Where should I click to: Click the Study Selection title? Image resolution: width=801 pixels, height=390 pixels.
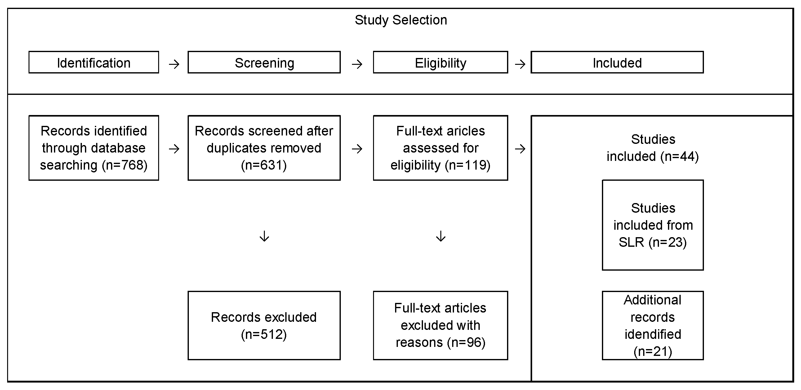pos(401,20)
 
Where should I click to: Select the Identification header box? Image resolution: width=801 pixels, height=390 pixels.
pos(94,62)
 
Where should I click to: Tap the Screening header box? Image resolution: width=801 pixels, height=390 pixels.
pos(264,62)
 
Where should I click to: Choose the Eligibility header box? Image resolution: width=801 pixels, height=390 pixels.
pos(440,62)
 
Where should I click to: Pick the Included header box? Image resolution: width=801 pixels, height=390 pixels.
pos(617,62)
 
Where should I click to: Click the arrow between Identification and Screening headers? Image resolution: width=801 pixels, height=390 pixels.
pos(174,64)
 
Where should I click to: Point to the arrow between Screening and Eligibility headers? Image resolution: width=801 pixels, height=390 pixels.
pos(357,64)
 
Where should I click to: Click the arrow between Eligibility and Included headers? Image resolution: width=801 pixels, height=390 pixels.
pos(520,64)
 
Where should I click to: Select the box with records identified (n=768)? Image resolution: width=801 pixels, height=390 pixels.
pos(94,148)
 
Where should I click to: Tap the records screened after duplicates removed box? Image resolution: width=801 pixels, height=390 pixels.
pos(264,148)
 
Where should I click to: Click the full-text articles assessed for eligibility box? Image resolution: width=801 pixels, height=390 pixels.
pos(440,148)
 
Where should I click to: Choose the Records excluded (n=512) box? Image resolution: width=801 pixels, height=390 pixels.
pos(264,326)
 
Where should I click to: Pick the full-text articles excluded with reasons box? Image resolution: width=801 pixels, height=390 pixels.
pos(440,326)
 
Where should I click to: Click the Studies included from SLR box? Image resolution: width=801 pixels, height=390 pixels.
pos(653,225)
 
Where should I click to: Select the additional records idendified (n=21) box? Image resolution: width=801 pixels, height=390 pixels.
pos(653,326)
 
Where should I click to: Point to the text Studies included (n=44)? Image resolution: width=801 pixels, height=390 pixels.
pos(653,148)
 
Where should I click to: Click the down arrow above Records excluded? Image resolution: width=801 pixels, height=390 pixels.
pos(264,236)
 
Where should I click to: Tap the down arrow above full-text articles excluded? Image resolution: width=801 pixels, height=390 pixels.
pos(441,236)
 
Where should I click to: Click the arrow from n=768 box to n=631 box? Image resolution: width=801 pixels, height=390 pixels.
pos(174,149)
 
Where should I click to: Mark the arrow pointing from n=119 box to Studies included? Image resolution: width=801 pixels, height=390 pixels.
pos(520,149)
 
